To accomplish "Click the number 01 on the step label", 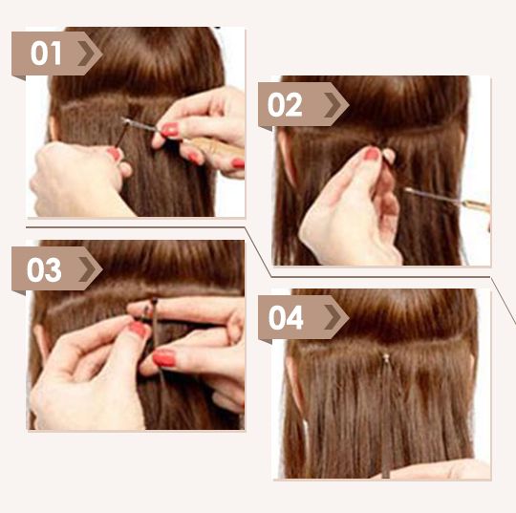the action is [x=46, y=53].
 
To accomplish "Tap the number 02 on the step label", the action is [x=285, y=105].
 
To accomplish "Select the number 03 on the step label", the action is [x=44, y=269].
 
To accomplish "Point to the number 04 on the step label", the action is [x=286, y=318].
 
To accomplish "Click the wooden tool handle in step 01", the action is [x=216, y=147].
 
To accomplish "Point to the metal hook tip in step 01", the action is [x=125, y=120].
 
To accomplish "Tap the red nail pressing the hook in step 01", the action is [x=170, y=129].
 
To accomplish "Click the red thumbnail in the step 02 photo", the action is [x=372, y=154].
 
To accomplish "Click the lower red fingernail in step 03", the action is [x=164, y=358].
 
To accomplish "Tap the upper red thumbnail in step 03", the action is [x=138, y=329].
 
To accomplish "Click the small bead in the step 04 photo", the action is [x=385, y=357].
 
